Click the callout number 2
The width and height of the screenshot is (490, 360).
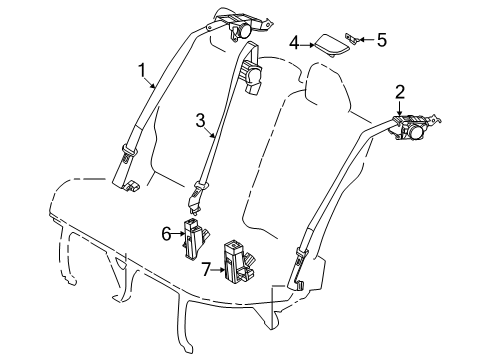399,94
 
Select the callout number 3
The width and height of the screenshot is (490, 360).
200,123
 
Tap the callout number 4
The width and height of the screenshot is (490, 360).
294,42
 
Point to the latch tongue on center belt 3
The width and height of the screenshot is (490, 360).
201,185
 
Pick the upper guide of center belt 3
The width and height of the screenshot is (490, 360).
250,74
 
